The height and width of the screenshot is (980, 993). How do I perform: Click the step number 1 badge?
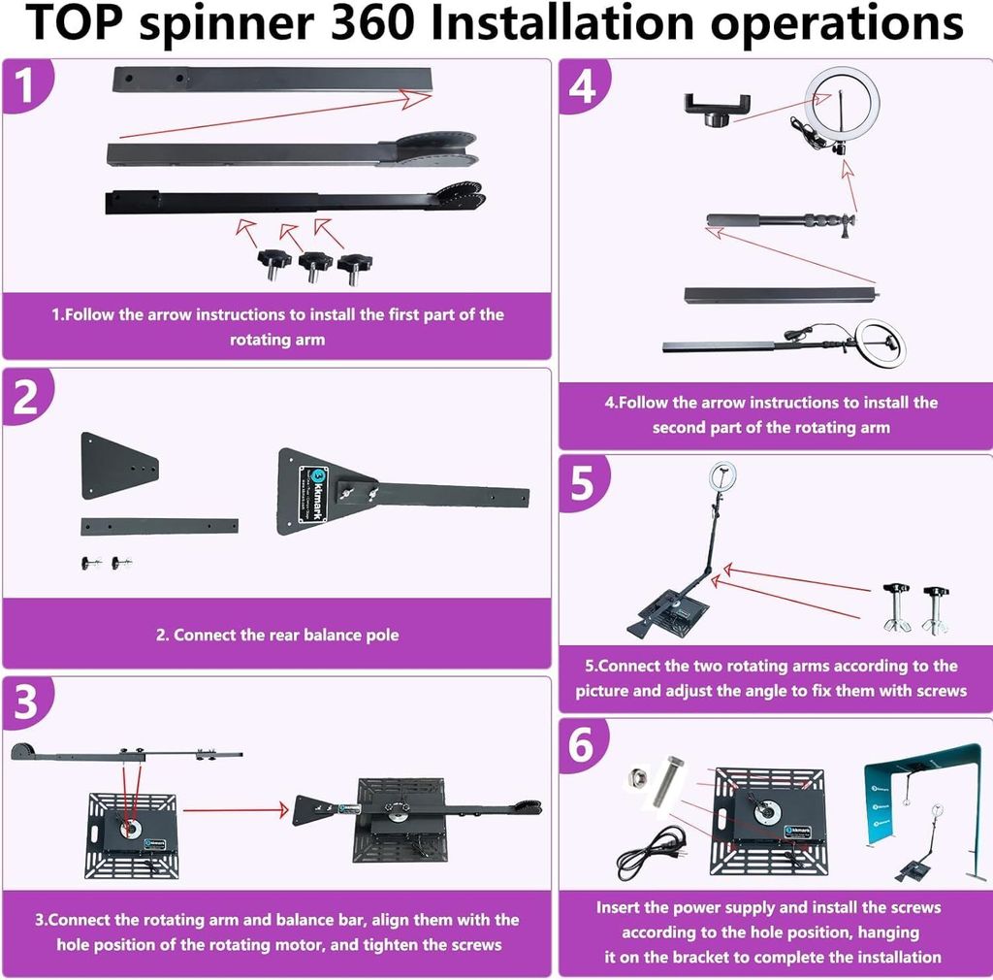click(x=25, y=85)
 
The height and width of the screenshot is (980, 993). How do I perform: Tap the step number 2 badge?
click(x=25, y=396)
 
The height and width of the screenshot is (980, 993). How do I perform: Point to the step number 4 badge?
click(x=583, y=85)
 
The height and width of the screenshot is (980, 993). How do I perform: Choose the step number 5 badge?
click(x=583, y=482)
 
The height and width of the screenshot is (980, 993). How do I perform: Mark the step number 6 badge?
click(x=582, y=745)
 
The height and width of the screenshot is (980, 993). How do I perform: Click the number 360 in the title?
click(x=373, y=23)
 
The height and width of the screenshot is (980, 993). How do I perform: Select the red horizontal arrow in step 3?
click(x=236, y=809)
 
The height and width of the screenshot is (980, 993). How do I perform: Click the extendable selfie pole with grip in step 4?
click(x=781, y=221)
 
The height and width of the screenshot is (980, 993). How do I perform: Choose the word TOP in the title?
click(x=76, y=23)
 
